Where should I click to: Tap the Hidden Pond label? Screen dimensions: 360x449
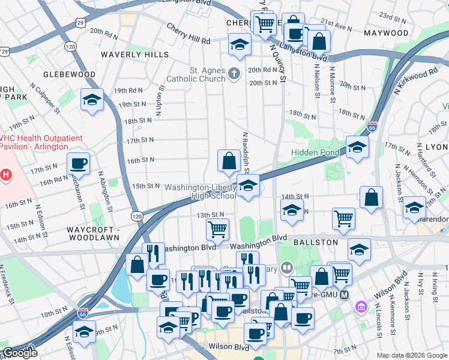[315, 153]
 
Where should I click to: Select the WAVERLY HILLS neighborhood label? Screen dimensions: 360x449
[135, 55]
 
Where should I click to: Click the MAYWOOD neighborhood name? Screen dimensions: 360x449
[386, 33]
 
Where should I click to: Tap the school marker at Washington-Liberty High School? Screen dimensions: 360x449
[247, 186]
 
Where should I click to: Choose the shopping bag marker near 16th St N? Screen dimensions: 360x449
[228, 161]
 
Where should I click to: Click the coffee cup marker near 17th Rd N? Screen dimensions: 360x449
[78, 164]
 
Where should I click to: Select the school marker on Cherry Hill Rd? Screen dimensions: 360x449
[239, 45]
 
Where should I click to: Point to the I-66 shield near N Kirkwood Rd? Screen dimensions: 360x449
[372, 127]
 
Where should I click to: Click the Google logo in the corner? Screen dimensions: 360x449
[20, 353]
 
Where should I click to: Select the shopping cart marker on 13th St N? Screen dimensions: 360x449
[217, 229]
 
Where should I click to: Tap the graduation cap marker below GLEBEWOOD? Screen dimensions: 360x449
[92, 100]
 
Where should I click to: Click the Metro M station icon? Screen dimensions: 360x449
[344, 295]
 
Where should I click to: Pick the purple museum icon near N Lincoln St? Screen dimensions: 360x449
[361, 307]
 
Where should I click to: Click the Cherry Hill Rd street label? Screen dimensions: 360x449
[188, 41]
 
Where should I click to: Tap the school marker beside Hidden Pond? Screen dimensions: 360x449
[357, 147]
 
